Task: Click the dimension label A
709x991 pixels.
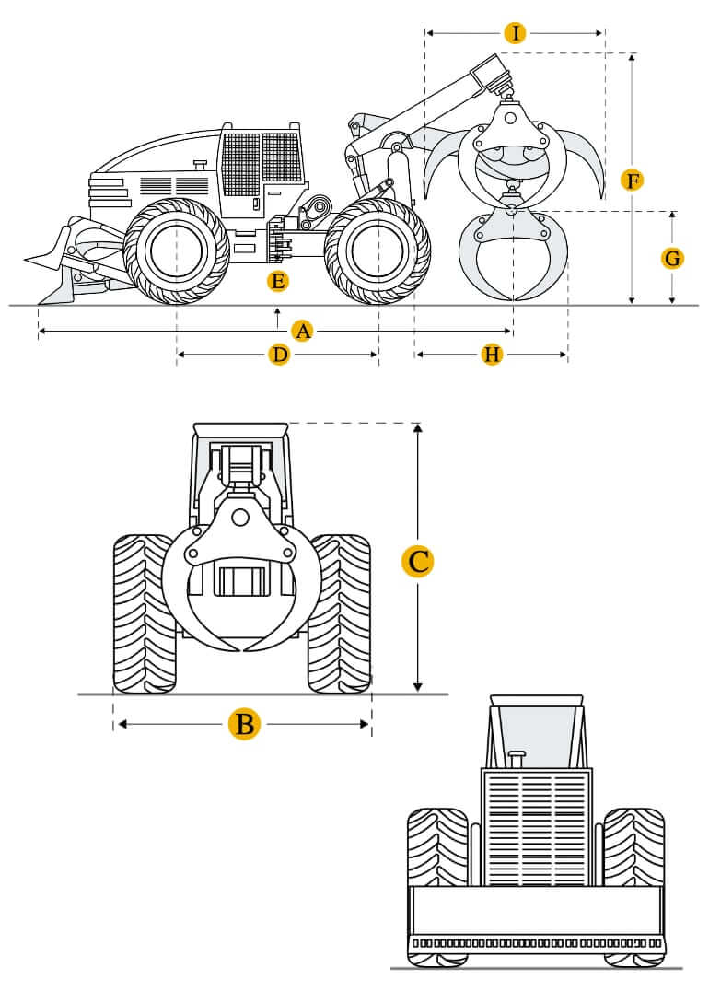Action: tap(302, 331)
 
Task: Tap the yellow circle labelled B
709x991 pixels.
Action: tap(244, 724)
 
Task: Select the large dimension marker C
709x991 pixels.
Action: tap(419, 561)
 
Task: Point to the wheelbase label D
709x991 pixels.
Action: tap(279, 355)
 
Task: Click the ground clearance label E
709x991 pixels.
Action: tap(277, 282)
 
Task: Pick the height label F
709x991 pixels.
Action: tap(631, 181)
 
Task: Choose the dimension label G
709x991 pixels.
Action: tap(673, 259)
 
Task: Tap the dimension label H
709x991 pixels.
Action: tap(492, 355)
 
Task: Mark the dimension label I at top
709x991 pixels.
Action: tap(516, 34)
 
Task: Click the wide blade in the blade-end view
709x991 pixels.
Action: tap(537, 912)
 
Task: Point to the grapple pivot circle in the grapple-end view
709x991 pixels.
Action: tap(240, 519)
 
